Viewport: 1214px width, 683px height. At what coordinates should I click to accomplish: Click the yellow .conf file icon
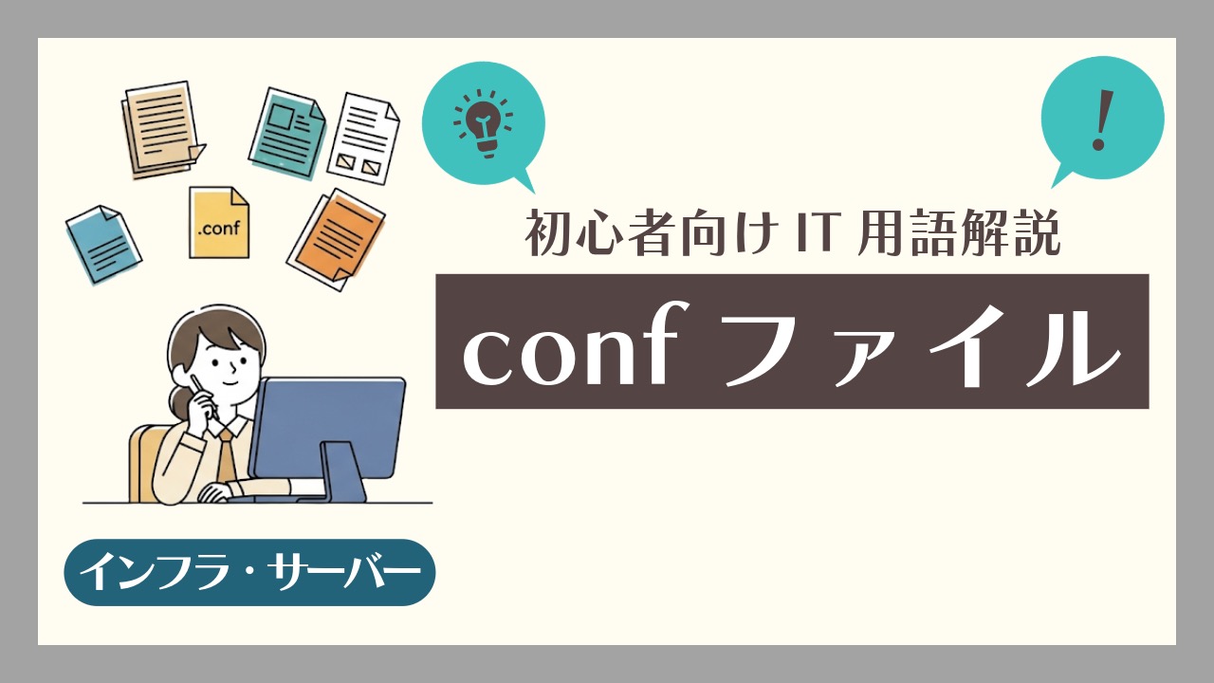[219, 222]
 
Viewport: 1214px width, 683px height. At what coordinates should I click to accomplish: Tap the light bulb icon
[483, 123]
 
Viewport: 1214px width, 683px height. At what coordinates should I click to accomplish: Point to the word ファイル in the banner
[921, 346]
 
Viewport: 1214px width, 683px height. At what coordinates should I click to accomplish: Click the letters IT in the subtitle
[814, 233]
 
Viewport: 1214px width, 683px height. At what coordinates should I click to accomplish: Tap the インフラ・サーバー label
[249, 572]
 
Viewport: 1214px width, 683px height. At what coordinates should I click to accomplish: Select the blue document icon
[103, 244]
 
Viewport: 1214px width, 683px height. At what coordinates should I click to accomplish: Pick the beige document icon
[161, 129]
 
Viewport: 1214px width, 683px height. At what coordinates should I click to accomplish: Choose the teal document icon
[287, 133]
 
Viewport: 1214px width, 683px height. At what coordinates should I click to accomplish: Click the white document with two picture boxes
[363, 138]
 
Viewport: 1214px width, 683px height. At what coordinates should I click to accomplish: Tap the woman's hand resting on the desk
[217, 492]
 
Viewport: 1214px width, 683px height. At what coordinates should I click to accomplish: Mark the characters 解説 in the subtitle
[1011, 233]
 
